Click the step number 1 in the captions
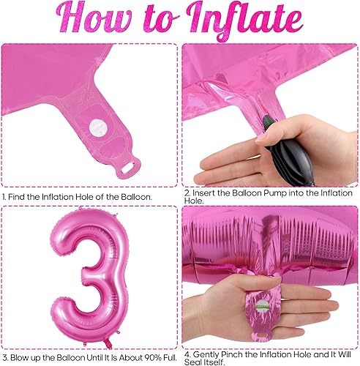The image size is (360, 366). (4, 196)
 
